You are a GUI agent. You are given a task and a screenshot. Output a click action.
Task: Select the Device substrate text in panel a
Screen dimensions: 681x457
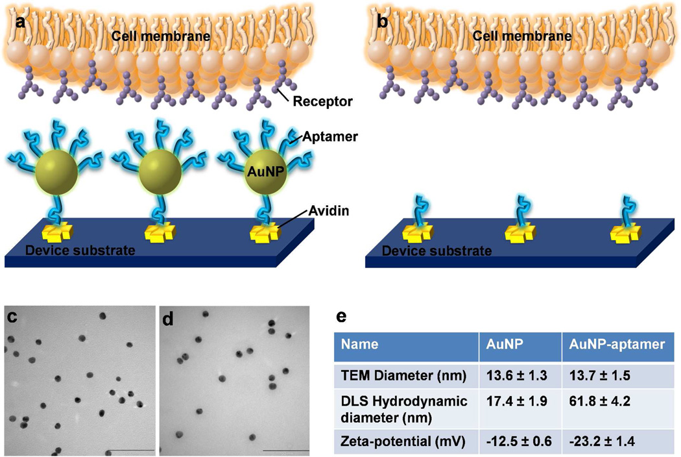click(80, 249)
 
